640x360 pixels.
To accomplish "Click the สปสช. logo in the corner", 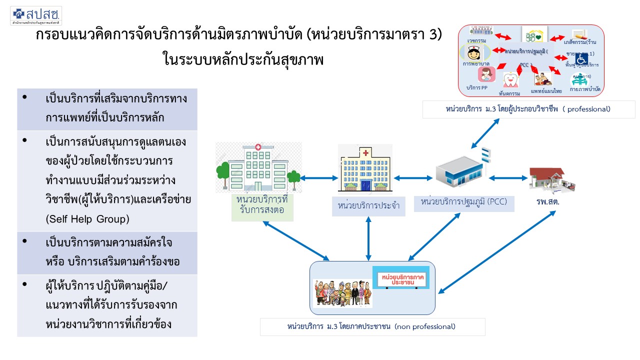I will (35, 15).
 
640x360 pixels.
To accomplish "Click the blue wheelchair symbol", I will (581, 59).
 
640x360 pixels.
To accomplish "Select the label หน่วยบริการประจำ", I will (368, 205).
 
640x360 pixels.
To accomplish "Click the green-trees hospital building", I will (258, 167).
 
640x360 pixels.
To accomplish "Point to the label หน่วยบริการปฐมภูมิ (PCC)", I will (464, 202).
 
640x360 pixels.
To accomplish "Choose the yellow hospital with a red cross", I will (365, 168).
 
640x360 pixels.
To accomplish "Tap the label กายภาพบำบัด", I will (585, 89).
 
